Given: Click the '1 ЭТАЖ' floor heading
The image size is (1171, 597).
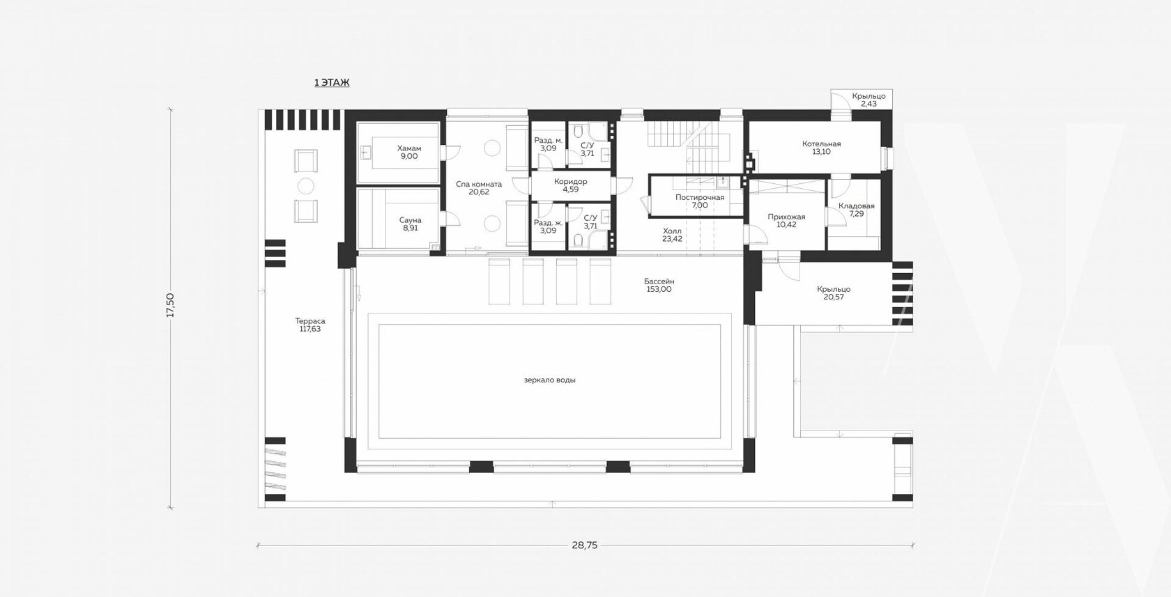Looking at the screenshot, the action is click(332, 82).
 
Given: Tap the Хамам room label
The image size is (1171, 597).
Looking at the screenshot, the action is click(408, 148).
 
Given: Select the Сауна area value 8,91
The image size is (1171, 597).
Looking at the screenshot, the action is click(411, 228).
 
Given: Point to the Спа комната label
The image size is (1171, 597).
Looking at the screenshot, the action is click(479, 184).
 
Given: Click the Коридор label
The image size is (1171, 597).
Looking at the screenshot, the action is click(570, 181).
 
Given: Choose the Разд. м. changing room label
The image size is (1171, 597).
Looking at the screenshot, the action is click(549, 140).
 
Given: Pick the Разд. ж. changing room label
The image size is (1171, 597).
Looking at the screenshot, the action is click(549, 222).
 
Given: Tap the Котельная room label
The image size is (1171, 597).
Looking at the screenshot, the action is click(821, 144).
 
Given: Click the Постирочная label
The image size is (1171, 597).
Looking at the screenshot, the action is click(700, 197).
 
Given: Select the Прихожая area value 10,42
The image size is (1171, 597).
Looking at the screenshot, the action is click(786, 224).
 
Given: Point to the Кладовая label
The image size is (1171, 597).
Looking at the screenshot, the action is click(856, 206).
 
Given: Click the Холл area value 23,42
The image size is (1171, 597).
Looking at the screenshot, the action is click(672, 239).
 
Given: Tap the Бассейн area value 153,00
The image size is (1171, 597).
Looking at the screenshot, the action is click(659, 289).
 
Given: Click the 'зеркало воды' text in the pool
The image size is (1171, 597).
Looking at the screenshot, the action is click(549, 380).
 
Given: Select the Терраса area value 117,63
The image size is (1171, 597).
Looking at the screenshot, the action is click(310, 329).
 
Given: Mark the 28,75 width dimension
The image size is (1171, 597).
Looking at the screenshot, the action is click(584, 545).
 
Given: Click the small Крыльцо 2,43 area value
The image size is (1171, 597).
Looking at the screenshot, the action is click(868, 104).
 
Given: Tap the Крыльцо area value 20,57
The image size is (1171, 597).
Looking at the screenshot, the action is click(834, 297).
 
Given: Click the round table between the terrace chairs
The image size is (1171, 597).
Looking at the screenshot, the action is click(306, 186).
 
